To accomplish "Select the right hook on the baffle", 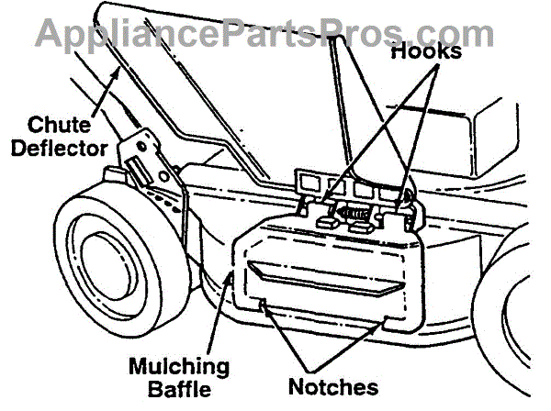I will [x=404, y=209].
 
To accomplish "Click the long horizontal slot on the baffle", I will [x=325, y=278].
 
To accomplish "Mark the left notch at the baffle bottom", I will [x=264, y=303].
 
